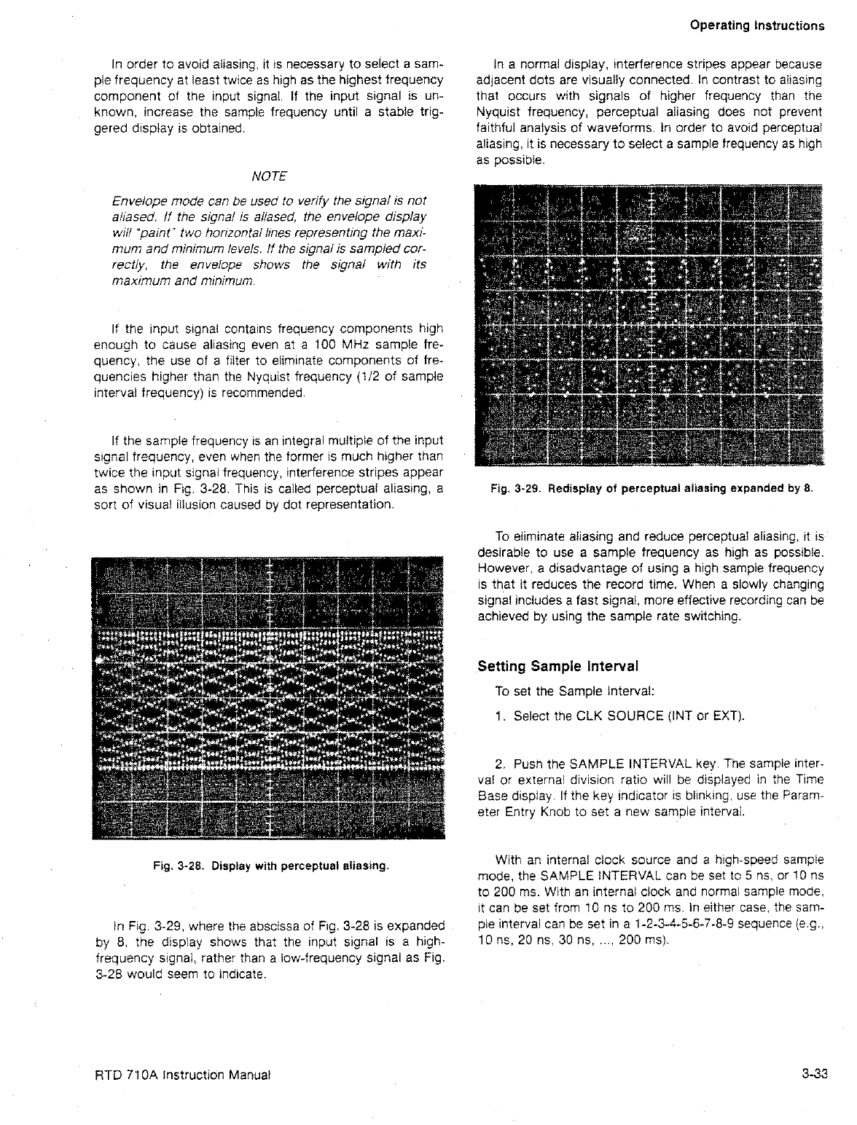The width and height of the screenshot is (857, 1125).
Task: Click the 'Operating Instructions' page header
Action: (756, 26)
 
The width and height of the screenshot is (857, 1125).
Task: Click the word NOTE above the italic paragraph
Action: (268, 176)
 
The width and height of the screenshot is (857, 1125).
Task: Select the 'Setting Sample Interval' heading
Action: (558, 666)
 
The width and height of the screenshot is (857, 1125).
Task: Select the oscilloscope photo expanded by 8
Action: (649, 326)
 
